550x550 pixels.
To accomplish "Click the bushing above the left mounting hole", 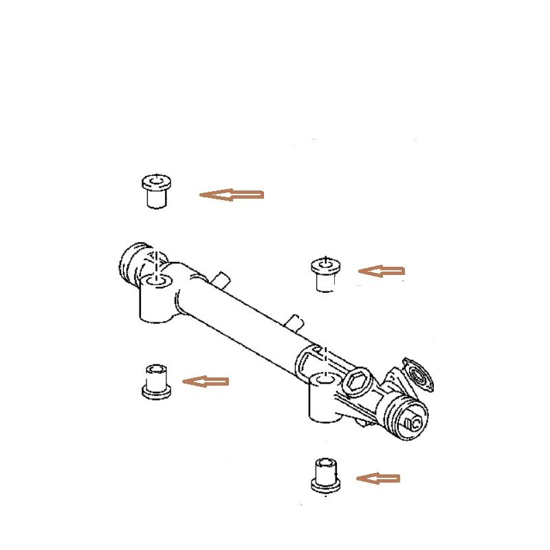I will pyautogui.click(x=156, y=192).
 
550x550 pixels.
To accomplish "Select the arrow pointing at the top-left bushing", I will pyautogui.click(x=232, y=195).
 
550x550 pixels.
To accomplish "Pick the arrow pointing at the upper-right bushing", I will pyautogui.click(x=381, y=272).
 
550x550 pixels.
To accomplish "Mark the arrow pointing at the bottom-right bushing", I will pyautogui.click(x=377, y=478).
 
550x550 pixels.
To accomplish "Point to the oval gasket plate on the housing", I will pyautogui.click(x=417, y=375).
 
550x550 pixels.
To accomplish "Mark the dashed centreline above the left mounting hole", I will pyautogui.click(x=157, y=261).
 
